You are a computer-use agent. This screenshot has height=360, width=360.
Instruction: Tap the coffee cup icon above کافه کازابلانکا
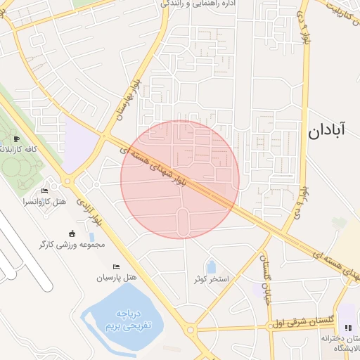point(16,139)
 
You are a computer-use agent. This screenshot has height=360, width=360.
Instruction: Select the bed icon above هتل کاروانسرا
point(45,191)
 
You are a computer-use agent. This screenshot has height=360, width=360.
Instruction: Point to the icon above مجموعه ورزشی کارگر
point(72,233)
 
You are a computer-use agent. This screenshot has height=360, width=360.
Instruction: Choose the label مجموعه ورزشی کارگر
point(72,245)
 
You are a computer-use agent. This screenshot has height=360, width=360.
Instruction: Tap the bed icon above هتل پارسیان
point(116,266)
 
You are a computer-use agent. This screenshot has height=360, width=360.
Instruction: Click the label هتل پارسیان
point(115,278)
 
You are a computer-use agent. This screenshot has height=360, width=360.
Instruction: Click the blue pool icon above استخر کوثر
point(211,267)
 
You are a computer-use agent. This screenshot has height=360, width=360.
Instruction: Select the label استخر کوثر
point(212,280)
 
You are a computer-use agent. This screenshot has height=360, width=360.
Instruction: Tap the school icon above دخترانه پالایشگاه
point(347,328)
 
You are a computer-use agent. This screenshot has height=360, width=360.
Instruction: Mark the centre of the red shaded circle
point(180,179)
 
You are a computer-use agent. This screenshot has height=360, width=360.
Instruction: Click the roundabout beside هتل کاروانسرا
point(67,181)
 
